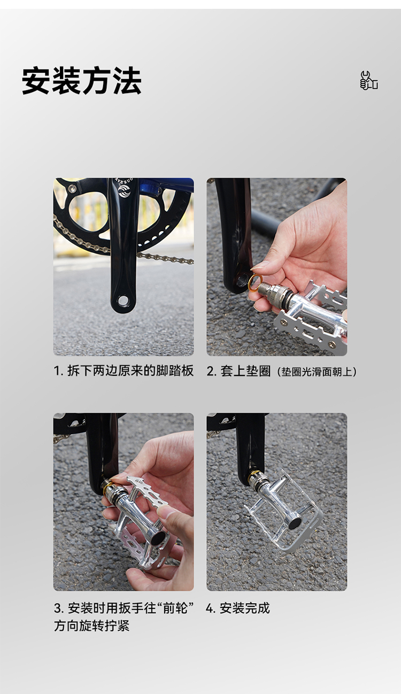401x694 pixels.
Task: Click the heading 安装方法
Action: point(82,81)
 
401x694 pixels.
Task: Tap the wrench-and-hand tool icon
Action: point(369,81)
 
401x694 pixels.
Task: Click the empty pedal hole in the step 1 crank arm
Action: point(122,299)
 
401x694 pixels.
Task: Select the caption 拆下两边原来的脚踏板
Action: point(130,371)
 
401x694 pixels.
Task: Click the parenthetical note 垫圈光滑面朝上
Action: point(316,372)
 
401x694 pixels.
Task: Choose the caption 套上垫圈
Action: point(245,371)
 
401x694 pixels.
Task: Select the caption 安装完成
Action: point(245,608)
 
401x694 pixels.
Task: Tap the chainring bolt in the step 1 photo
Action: point(73,188)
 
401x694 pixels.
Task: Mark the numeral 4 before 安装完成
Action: point(210,608)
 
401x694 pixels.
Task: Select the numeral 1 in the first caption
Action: point(57,371)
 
